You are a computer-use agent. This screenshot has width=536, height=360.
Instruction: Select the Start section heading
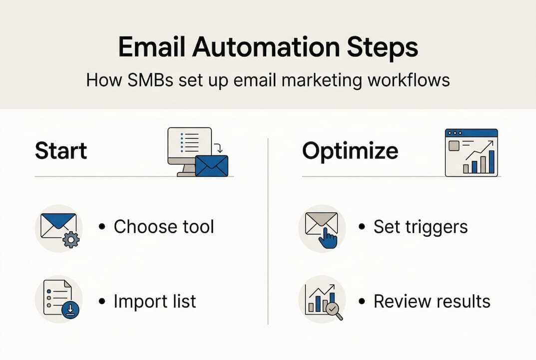(61, 151)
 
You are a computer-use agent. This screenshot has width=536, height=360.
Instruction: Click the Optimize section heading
(350, 151)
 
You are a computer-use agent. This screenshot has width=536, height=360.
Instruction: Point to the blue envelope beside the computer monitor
(211, 165)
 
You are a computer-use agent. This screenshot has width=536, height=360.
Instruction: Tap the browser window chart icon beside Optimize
(471, 152)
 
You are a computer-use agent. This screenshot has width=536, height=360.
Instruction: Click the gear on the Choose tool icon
(71, 240)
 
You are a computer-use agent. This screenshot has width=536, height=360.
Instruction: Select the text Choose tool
(164, 226)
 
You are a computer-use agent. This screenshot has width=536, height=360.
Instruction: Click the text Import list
(155, 301)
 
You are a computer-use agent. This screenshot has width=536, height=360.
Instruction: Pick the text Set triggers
(421, 226)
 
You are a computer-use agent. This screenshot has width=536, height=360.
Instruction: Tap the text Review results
(432, 301)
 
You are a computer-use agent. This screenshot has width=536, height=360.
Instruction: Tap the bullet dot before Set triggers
(362, 227)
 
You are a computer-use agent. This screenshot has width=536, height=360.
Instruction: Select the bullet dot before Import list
(102, 302)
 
